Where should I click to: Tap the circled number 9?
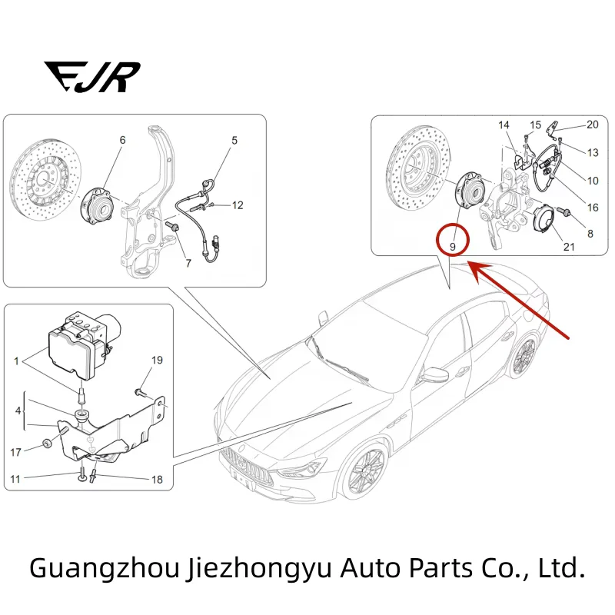454,246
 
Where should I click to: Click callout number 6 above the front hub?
121,140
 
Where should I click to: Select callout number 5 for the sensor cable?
234,140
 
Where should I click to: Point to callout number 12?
238,205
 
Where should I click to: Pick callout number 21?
568,247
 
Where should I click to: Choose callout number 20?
592,125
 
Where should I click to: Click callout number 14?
504,125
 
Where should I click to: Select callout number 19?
157,360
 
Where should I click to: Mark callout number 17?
16,452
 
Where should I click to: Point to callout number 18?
157,480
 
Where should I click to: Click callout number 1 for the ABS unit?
16,360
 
